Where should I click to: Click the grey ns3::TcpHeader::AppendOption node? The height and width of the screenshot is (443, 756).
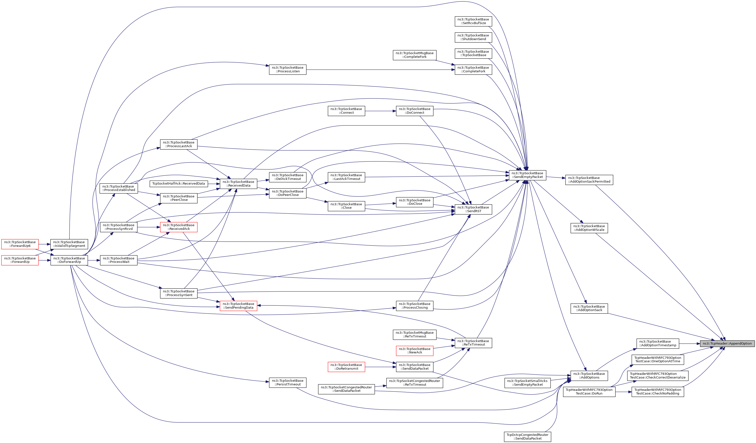[x=727, y=343]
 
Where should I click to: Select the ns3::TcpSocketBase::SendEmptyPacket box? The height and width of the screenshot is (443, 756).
[x=527, y=175]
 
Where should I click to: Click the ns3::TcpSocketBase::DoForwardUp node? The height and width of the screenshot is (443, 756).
[x=69, y=260]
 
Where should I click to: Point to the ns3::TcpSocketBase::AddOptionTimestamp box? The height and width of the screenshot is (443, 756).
[x=658, y=343]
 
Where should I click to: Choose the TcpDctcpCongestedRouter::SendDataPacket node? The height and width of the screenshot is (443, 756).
[x=527, y=437]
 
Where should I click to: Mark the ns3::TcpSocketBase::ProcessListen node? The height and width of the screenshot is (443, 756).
[x=287, y=70]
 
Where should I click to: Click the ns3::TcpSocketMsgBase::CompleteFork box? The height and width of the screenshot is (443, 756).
[x=414, y=55]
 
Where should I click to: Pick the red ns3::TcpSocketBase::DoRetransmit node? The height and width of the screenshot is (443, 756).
[x=346, y=367]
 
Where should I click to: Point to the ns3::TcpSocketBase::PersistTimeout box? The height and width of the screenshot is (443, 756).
[x=287, y=382]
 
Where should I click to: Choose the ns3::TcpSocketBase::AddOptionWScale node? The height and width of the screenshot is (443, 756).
[x=589, y=228]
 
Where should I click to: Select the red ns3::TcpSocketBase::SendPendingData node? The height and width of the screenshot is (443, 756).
[x=238, y=306]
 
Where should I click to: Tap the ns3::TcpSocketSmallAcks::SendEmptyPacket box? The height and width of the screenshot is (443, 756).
[x=527, y=383]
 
